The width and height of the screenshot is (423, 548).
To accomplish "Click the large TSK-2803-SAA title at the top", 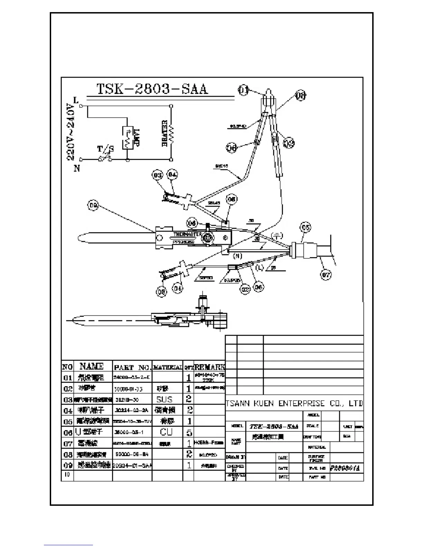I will tap(152, 89).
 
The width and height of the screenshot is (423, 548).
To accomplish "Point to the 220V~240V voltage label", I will tap(70, 133).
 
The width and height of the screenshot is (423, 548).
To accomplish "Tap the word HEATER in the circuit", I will tap(165, 133).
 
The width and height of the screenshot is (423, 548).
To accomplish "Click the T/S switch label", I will tap(105, 149).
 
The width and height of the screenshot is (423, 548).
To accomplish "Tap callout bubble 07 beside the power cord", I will tap(326, 275).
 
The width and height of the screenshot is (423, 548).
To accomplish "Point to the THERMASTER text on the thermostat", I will tap(187, 235).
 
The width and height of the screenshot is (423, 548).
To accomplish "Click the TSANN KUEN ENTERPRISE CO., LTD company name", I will tap(294, 403).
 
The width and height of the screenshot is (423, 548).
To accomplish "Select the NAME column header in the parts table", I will tap(92, 366).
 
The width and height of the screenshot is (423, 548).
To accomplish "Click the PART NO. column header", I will tap(132, 367).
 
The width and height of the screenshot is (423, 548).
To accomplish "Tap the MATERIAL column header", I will tap(167, 367).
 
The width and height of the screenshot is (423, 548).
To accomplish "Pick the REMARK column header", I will tap(209, 367).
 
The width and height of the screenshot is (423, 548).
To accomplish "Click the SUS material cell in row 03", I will tap(164, 399).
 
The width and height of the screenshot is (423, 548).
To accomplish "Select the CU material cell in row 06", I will tap(166, 432).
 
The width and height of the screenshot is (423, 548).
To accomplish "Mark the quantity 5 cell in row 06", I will tap(188, 432).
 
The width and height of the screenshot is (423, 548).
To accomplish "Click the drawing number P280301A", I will tap(345, 468).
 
